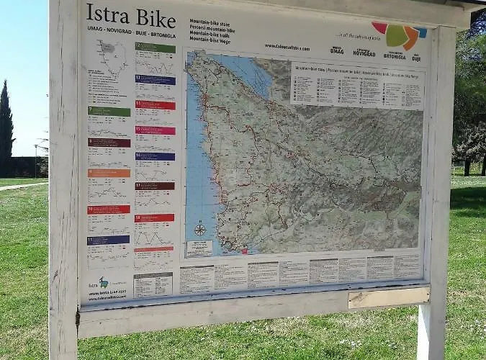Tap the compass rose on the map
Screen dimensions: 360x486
point(199,230)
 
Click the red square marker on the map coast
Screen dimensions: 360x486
point(245,251)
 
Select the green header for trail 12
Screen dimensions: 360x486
point(155,48)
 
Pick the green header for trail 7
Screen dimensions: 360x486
point(109,112)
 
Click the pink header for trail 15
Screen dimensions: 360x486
point(155,130)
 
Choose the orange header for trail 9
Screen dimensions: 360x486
point(109,173)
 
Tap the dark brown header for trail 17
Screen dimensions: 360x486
point(154,186)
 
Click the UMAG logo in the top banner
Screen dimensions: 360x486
point(337,50)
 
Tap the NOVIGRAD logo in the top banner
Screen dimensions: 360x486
point(364,52)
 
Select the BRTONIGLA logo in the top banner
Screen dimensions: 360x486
point(394,54)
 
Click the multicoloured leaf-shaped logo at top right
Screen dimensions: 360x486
point(400,35)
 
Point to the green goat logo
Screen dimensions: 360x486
point(104,282)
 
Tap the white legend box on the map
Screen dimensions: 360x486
point(356,85)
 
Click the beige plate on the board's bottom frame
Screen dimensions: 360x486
point(388,298)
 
